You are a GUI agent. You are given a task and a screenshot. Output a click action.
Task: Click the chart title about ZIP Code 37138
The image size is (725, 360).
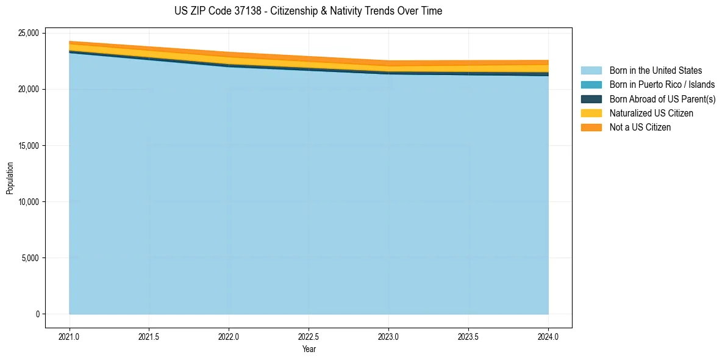click(x=308, y=11)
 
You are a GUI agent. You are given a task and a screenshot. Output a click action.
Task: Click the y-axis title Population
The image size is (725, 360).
click(x=9, y=178)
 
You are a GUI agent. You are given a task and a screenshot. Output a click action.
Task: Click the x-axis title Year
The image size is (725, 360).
click(x=309, y=350)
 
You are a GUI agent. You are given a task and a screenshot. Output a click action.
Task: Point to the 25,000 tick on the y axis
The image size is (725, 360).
click(x=26, y=33)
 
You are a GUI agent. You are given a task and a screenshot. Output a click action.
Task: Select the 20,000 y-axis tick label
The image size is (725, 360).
click(x=26, y=89)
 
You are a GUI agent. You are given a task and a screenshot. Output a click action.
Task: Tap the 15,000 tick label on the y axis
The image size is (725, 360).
click(x=26, y=146)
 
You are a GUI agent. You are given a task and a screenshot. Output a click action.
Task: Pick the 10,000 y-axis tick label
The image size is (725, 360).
click(x=26, y=202)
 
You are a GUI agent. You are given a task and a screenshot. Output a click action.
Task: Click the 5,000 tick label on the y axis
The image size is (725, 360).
click(x=28, y=258)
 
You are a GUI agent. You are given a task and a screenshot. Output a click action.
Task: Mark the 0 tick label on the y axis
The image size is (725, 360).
click(x=37, y=314)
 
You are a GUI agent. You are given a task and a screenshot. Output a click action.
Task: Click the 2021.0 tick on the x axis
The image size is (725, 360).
click(x=69, y=336)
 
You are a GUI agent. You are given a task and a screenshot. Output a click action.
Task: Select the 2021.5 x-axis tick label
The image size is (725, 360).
click(x=149, y=336)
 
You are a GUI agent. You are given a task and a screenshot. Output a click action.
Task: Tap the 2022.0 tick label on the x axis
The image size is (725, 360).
click(x=229, y=336)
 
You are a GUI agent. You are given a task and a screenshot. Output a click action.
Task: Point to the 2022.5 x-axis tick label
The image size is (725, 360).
click(x=309, y=336)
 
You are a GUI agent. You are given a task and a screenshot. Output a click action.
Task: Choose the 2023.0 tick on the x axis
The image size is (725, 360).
click(x=388, y=336)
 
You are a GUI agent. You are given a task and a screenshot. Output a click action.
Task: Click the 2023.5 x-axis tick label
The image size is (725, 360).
click(x=468, y=336)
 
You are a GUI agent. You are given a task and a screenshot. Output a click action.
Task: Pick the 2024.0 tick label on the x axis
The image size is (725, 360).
click(x=548, y=336)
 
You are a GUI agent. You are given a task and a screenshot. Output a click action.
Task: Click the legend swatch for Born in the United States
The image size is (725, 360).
click(x=591, y=71)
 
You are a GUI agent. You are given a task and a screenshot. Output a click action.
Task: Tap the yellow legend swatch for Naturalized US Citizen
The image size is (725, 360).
click(x=591, y=113)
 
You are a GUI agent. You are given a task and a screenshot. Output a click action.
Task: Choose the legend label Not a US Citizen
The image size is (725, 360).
click(x=640, y=128)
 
